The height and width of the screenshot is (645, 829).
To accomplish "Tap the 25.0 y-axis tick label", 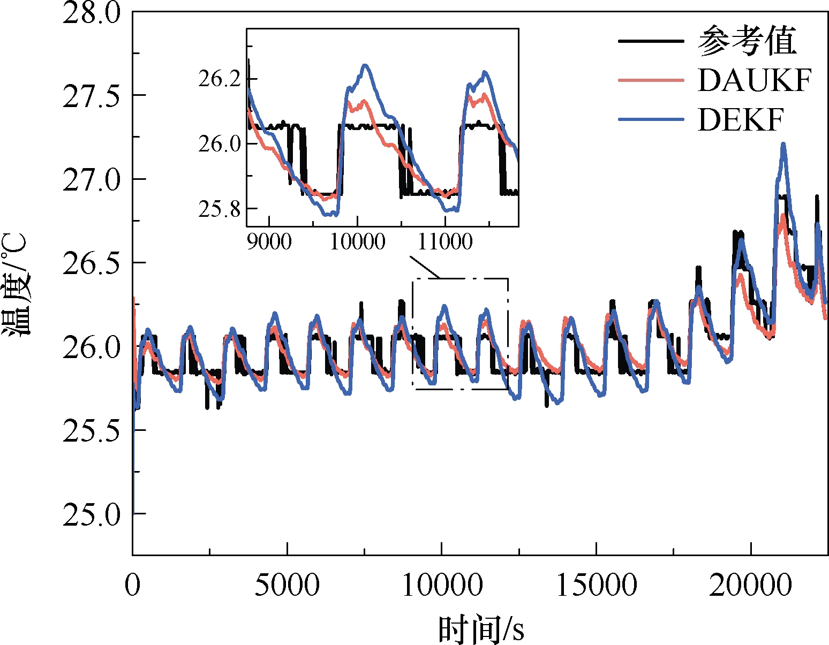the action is coord(91,514).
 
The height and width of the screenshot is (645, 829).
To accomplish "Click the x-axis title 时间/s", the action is coord(480,629).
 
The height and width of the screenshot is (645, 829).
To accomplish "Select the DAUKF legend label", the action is coord(754,80).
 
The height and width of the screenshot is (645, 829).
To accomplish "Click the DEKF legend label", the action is coord(740,119).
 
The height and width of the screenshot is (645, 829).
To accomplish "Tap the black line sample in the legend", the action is coord(651,41).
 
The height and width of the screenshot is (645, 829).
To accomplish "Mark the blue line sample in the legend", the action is coord(651,119).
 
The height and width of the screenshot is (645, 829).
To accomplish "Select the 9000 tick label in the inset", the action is coord(269,241).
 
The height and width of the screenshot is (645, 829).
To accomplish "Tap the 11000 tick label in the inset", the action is coord(445,241).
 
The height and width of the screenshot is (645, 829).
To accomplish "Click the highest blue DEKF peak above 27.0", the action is coord(783,143).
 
